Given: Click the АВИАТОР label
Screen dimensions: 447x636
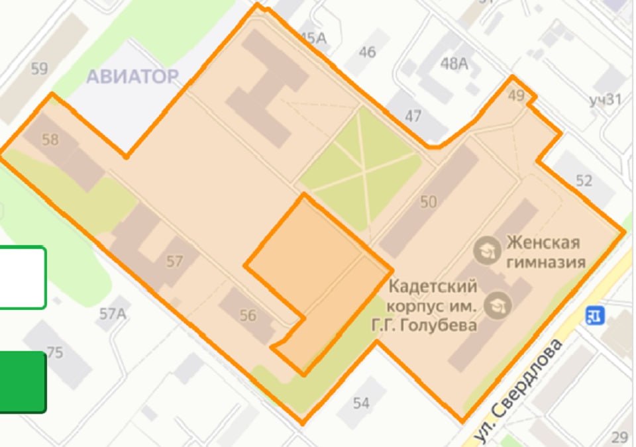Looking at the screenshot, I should click(132, 76).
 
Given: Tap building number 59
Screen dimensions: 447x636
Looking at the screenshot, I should click(39, 68).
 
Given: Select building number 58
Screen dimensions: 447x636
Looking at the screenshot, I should click(50, 140).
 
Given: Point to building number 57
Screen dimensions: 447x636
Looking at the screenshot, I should click(174, 262).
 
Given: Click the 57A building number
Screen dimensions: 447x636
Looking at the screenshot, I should click(113, 313).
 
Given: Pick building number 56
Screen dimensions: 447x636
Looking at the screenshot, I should click(248, 316).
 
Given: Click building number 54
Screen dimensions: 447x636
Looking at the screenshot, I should click(361, 403).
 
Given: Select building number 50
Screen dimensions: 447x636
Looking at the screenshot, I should click(429, 201).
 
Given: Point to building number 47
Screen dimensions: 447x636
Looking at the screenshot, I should click(413, 117).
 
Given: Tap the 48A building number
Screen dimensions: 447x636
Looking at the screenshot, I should click(454, 64).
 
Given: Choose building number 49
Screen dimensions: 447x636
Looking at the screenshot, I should click(516, 96).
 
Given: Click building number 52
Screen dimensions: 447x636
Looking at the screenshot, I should click(584, 180).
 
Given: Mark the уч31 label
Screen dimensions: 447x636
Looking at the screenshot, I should click(605, 100).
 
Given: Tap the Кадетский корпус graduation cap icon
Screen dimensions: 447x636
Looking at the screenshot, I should click(494, 305).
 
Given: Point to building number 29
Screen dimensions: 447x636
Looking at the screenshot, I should click(619, 437).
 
